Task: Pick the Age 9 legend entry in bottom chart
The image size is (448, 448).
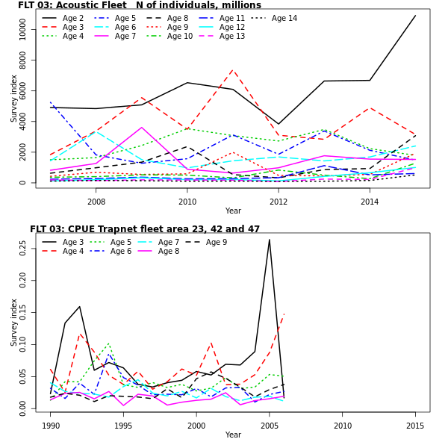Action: pos(216,242)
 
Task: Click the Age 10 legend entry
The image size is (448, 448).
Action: pos(179,37)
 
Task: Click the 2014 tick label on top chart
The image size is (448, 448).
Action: pos(369,202)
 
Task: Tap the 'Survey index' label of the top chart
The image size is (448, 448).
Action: pos(14,99)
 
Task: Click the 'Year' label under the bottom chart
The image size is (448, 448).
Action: pos(233,435)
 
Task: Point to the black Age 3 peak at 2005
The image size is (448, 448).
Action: pos(270,240)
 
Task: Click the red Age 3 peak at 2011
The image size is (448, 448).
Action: pos(233,69)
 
